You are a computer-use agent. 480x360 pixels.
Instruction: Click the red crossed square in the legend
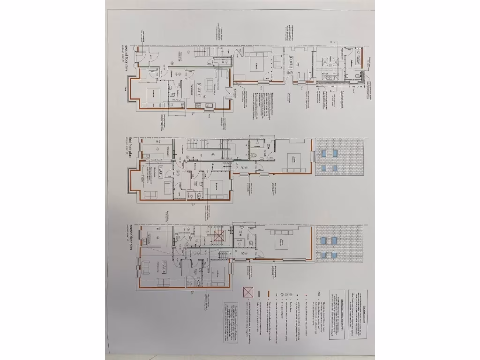pos(248,293)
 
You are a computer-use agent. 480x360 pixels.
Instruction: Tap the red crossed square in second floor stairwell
pos(218,236)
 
